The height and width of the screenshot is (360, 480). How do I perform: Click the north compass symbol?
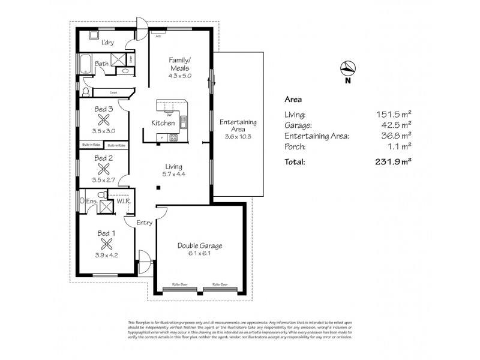(346, 67)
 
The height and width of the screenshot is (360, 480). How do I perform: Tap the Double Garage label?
(200, 246)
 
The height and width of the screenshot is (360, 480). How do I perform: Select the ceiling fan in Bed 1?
(107, 244)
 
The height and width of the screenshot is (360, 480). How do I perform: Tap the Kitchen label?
(163, 123)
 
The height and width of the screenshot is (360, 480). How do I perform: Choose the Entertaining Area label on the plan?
(238, 125)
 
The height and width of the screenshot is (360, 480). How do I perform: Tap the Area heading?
(292, 100)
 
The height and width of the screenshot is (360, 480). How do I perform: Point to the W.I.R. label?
(125, 202)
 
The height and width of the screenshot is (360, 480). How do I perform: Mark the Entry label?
(144, 223)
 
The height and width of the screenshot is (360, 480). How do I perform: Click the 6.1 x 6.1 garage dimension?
(200, 254)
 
